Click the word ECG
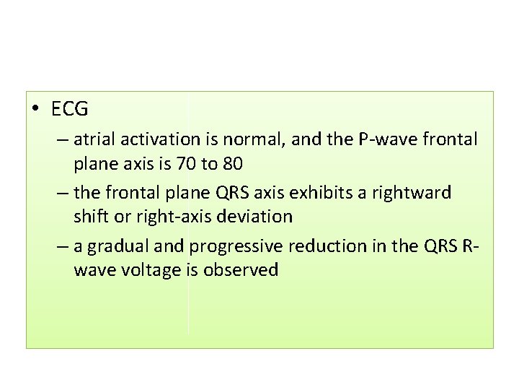coord(70,110)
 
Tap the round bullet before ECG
coord(37,110)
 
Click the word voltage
coord(151,270)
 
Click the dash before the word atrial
coord(59,139)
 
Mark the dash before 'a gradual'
coord(59,246)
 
